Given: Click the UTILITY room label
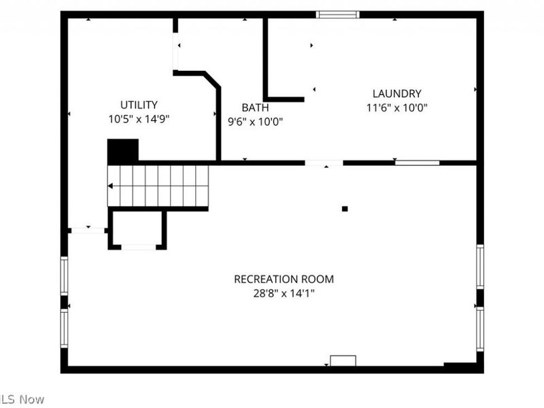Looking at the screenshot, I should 139,105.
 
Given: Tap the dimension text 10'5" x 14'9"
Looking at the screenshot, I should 139,119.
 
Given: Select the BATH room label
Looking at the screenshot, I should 255,107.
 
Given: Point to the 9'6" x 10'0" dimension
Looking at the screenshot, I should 255,122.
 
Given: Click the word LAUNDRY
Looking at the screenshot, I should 396,94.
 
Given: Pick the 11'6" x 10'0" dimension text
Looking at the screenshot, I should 396,107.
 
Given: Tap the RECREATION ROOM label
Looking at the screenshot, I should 284,279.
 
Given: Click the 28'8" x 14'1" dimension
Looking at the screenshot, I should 284,293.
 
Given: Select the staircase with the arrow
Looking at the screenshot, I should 158,186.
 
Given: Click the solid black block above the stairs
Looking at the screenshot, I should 123,151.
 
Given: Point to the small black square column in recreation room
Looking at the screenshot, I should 345,209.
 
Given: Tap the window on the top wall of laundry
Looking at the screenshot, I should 338,14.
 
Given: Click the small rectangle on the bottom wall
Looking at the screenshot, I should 343,361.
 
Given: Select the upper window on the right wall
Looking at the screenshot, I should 480,267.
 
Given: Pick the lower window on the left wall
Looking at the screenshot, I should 65,328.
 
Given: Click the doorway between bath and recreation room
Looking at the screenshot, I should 324,163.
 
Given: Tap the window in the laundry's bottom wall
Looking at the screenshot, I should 417,163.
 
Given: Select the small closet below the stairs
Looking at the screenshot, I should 138,229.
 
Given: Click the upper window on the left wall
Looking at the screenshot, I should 65,275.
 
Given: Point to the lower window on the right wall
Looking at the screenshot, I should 480,328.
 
